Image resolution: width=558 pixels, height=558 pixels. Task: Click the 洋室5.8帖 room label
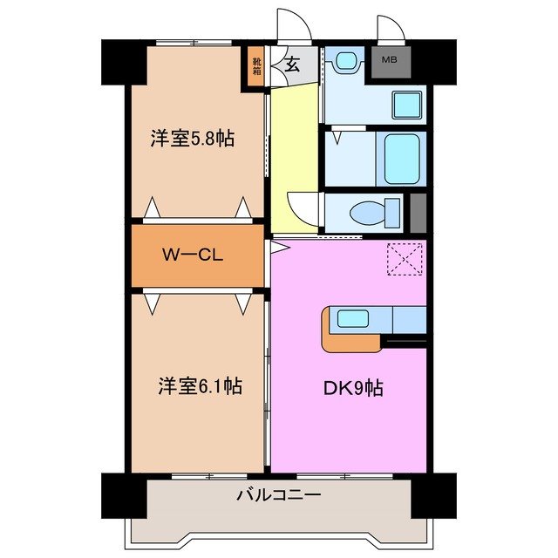click(192, 139)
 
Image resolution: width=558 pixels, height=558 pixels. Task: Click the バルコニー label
click(279, 495)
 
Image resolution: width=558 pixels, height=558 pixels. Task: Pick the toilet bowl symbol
click(371, 212)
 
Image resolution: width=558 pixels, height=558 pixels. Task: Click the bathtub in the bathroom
click(403, 158)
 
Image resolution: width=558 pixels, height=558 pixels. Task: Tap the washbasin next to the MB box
click(406, 105)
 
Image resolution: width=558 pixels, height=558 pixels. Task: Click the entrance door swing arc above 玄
click(289, 24)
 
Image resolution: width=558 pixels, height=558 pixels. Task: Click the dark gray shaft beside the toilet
click(418, 211)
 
